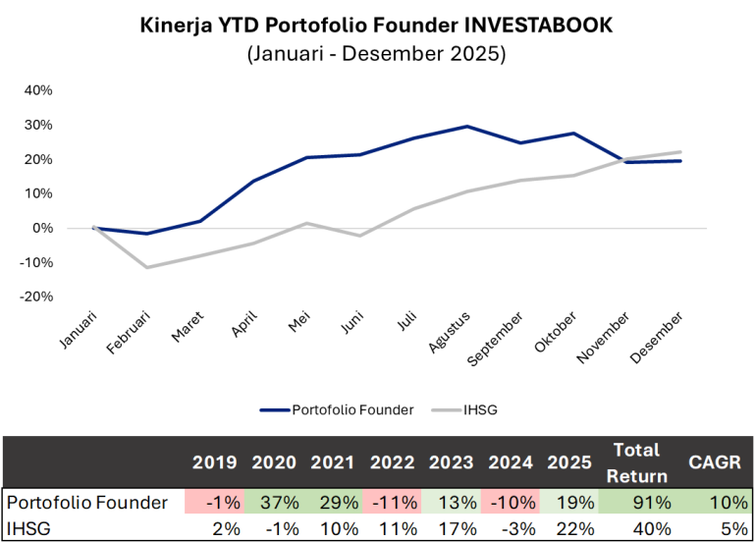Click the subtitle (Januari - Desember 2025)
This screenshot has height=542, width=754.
coord(376,54)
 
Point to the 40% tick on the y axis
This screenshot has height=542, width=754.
coord(38,90)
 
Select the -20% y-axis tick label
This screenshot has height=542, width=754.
coord(36,297)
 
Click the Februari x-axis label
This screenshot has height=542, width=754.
coord(132,334)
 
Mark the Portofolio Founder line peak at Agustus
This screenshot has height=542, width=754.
coord(466,126)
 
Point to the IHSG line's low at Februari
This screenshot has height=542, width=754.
coord(147,267)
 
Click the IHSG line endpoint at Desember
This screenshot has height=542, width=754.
coord(680,152)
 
